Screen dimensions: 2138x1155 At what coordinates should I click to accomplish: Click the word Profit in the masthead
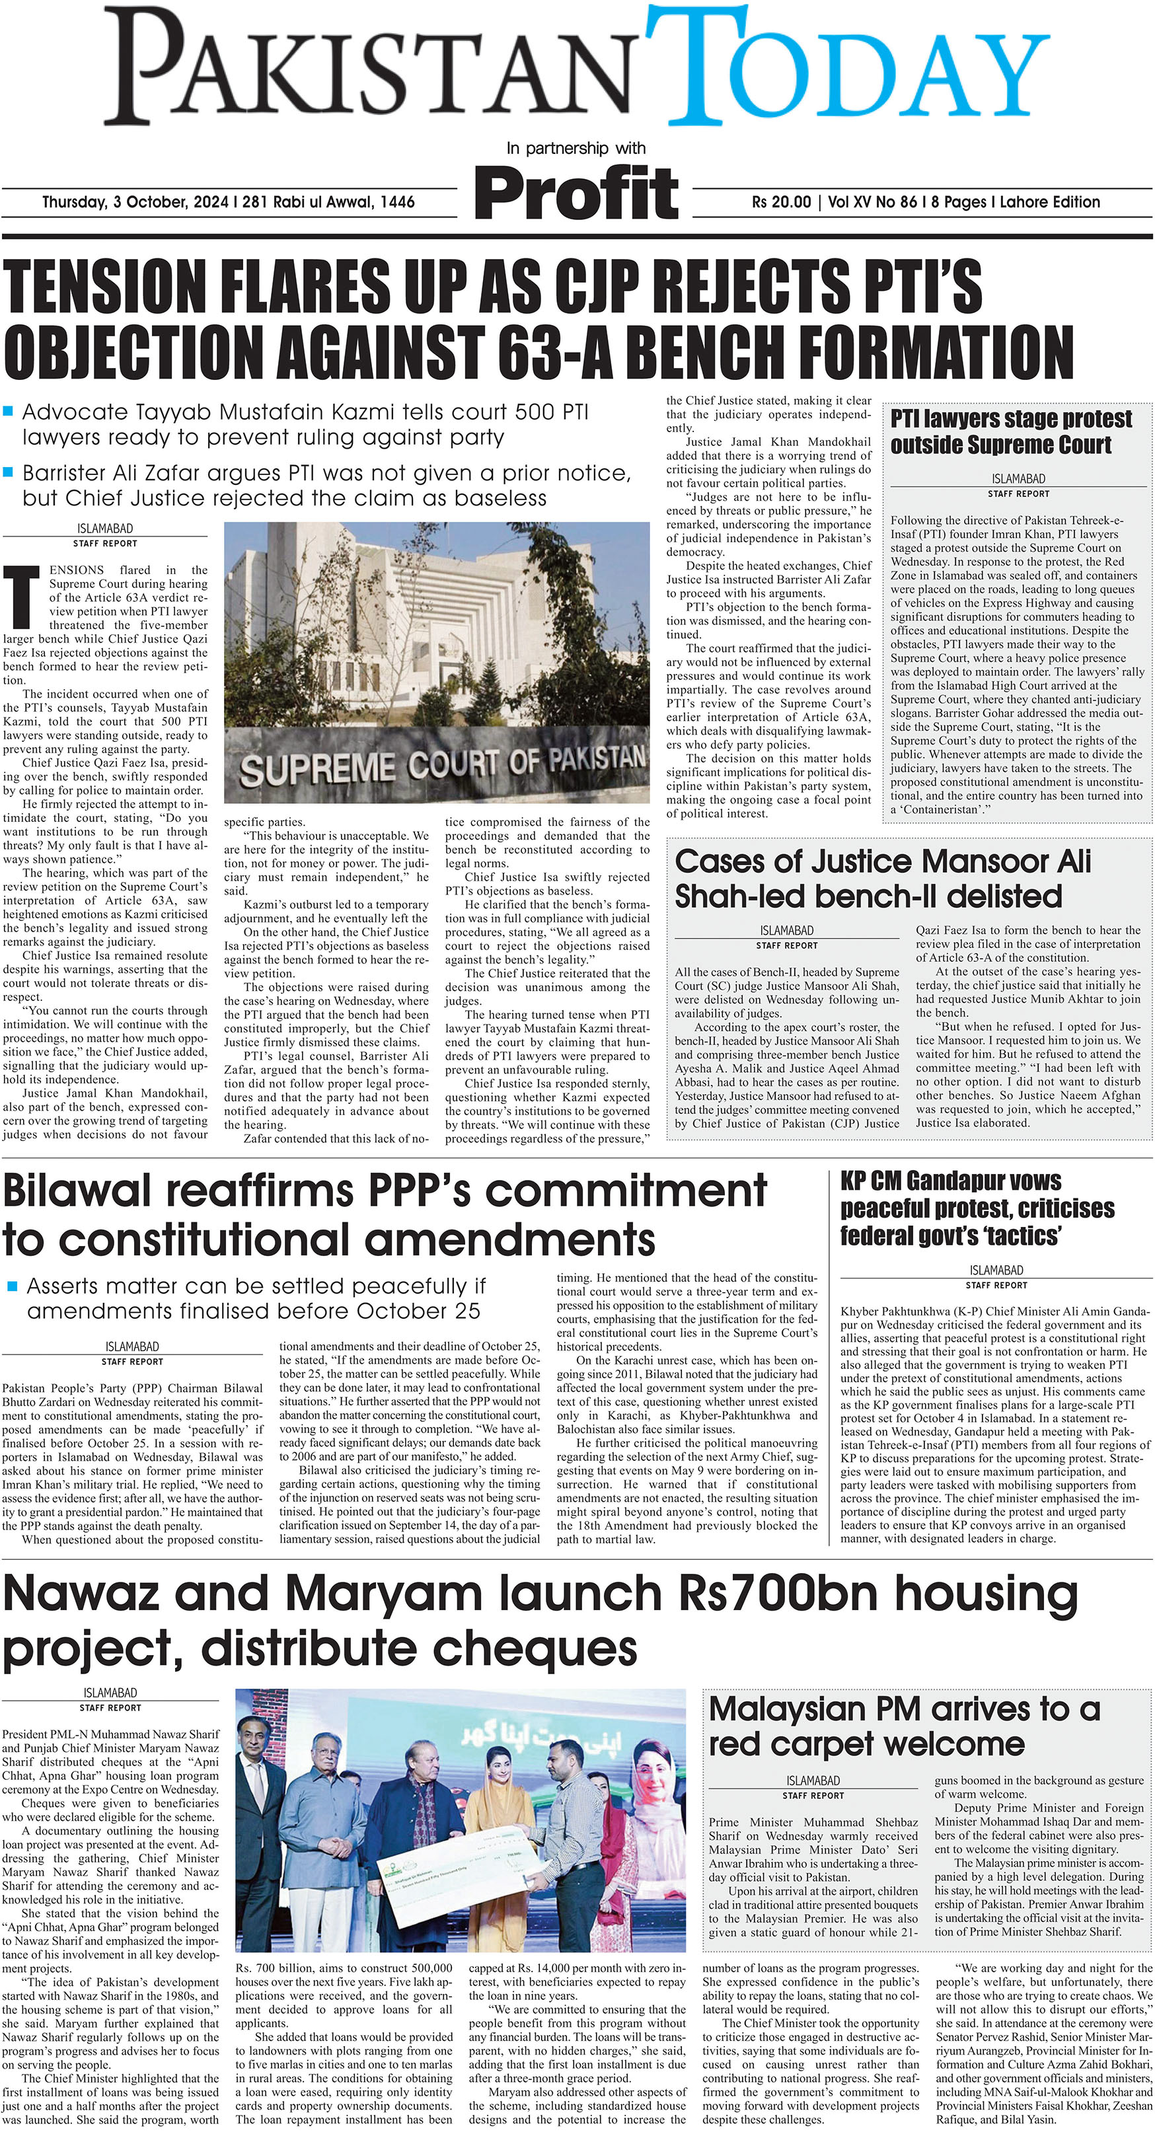577,192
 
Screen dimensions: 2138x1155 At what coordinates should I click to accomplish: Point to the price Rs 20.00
780,202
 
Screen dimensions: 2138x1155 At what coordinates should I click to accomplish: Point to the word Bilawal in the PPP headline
75,1191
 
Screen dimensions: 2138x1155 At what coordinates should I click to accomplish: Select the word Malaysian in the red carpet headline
797,1709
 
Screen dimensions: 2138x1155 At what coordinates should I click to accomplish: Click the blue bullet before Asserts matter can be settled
12,1286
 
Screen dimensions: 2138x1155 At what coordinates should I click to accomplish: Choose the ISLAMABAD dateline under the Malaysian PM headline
812,1781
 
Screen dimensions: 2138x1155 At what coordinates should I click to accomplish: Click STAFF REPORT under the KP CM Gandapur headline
996,1285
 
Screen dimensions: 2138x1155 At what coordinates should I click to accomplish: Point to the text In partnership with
576,148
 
